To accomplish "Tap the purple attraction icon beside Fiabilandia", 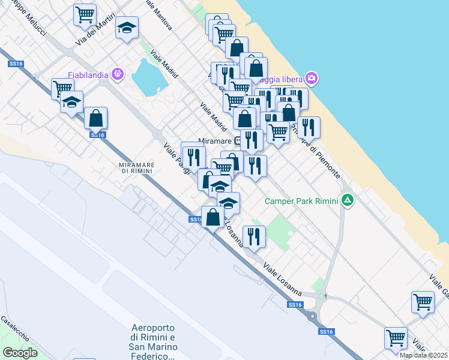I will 117,74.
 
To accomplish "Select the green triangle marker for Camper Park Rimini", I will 348,201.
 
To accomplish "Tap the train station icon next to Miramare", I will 239,140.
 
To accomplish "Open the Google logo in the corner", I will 20,352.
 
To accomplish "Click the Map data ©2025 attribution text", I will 423,355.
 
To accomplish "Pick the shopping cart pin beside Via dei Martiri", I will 85,14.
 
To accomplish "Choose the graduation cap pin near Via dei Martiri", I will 127,28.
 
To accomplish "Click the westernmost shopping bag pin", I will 95,118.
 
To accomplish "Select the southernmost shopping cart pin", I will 396,337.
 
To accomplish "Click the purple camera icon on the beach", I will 311,78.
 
